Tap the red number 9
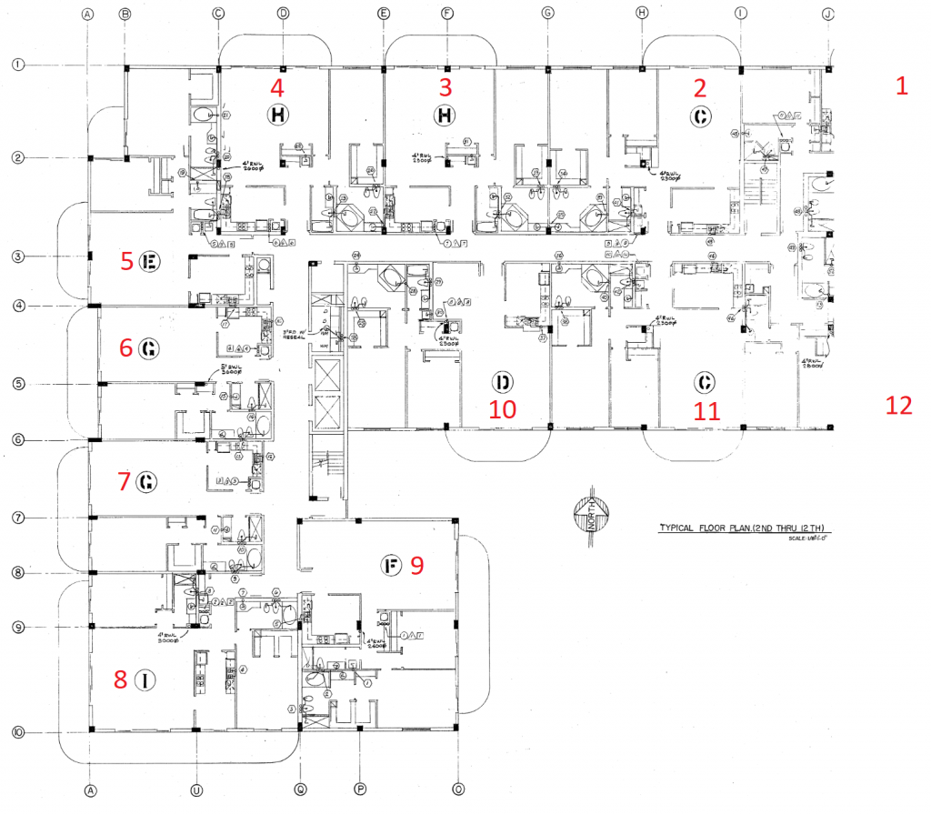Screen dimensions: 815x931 [x=417, y=565]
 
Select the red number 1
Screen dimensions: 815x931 [x=902, y=86]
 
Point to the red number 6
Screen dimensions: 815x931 [x=125, y=347]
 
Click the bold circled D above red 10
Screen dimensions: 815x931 [x=500, y=381]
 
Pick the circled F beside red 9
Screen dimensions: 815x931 [x=391, y=566]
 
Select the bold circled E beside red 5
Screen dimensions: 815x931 [x=150, y=262]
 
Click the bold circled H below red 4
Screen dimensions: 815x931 [x=277, y=115]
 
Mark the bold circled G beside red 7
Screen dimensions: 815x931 [x=146, y=482]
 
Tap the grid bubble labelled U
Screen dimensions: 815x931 [x=196, y=789]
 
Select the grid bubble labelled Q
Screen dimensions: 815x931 [x=301, y=789]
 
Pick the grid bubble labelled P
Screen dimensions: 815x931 [x=360, y=789]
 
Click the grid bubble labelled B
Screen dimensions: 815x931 [x=125, y=14]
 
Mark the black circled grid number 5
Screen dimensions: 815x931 [x=18, y=384]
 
